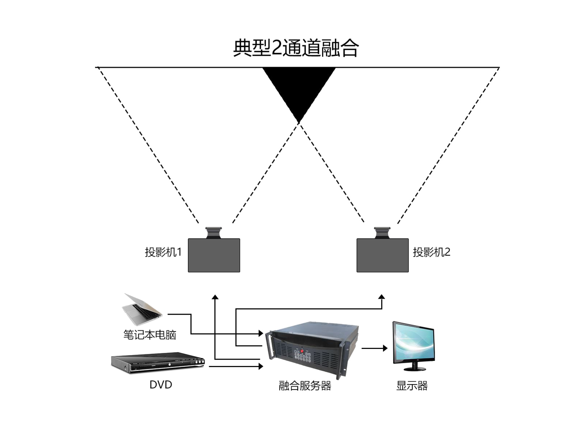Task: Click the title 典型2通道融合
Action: pyautogui.click(x=296, y=48)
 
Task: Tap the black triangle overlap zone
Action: pyautogui.click(x=299, y=88)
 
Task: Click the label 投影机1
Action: pyautogui.click(x=163, y=252)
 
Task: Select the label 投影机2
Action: pyautogui.click(x=431, y=252)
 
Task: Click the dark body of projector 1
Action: pyautogui.click(x=214, y=255)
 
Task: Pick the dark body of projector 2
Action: pyautogui.click(x=382, y=255)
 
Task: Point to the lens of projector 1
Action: pyautogui.click(x=214, y=233)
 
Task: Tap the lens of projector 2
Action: pyautogui.click(x=382, y=233)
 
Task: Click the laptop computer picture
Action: pyautogui.click(x=141, y=310)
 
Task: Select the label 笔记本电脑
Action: pyautogui.click(x=150, y=335)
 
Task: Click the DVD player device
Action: pyautogui.click(x=158, y=363)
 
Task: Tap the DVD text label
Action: pyautogui.click(x=161, y=385)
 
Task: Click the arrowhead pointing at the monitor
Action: pyautogui.click(x=385, y=348)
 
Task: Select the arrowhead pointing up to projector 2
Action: pyautogui.click(x=382, y=297)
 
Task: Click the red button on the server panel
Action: pyautogui.click(x=302, y=351)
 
